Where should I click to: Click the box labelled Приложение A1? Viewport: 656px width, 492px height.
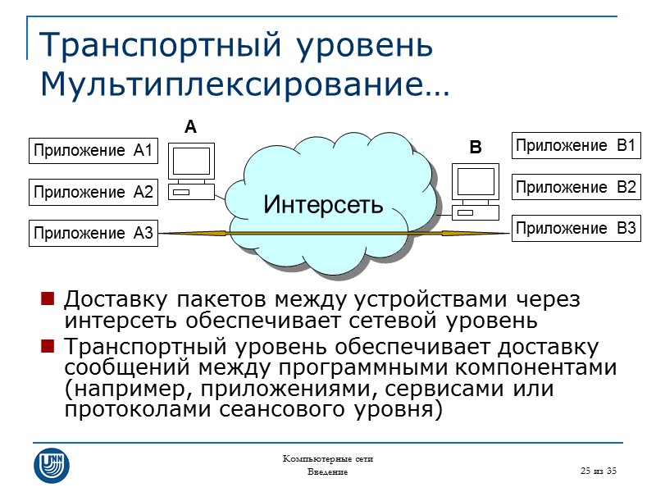tap(93, 151)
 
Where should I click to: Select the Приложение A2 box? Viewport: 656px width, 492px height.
tap(93, 193)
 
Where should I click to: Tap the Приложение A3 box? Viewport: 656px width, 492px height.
tap(93, 234)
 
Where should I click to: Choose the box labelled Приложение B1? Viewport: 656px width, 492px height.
tap(576, 146)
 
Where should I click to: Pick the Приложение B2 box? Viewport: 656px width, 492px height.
tap(576, 187)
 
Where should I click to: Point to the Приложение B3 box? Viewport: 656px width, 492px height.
tap(576, 229)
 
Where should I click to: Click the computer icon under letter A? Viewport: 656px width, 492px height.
tap(190, 171)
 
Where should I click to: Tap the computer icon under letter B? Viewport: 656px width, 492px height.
tap(475, 191)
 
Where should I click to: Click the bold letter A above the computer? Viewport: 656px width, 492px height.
tap(191, 128)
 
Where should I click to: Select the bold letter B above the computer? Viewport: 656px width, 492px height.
tap(475, 149)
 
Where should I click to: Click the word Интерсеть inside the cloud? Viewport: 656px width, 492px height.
tap(323, 203)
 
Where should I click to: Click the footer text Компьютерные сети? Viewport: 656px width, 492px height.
tap(327, 458)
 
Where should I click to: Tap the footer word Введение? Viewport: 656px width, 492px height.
tap(327, 473)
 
